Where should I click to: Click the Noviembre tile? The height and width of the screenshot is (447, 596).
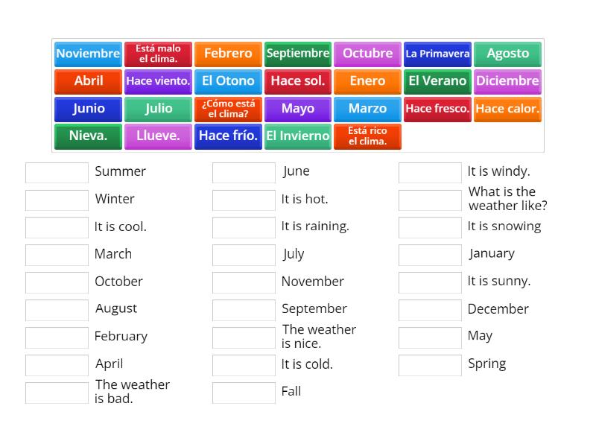(x=88, y=54)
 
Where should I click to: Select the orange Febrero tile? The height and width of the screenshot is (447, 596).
(x=228, y=54)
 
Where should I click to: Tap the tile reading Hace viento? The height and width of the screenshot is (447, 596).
(x=158, y=81)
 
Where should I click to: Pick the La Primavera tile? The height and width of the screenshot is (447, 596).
(x=437, y=54)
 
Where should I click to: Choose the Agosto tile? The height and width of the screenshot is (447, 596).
(x=507, y=54)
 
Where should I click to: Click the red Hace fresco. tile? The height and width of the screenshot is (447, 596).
(x=437, y=109)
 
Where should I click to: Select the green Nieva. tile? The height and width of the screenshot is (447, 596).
(x=88, y=136)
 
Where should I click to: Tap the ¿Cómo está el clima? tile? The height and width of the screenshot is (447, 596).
(x=228, y=109)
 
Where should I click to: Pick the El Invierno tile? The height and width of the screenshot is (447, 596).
(x=298, y=136)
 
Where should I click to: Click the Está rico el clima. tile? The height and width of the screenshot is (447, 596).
(x=367, y=136)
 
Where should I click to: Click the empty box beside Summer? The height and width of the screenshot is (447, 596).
(x=57, y=173)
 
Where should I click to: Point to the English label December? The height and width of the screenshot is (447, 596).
(x=498, y=309)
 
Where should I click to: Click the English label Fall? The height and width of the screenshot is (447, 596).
(x=291, y=391)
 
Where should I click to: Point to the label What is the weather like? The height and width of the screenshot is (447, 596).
(x=507, y=199)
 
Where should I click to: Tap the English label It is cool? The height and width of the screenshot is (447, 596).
(x=120, y=226)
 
